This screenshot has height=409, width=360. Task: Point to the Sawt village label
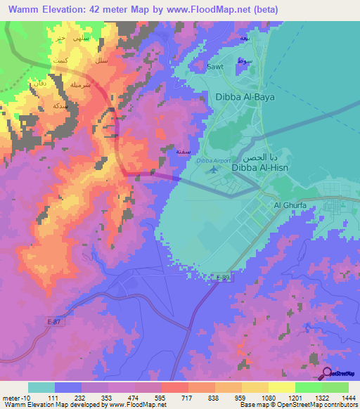(x=214, y=67)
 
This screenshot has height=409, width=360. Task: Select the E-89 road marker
(x=222, y=278)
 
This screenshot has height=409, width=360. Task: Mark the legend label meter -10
(x=13, y=397)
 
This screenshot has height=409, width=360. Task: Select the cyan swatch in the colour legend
(x=41, y=387)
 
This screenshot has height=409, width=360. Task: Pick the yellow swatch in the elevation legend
(x=282, y=387)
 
